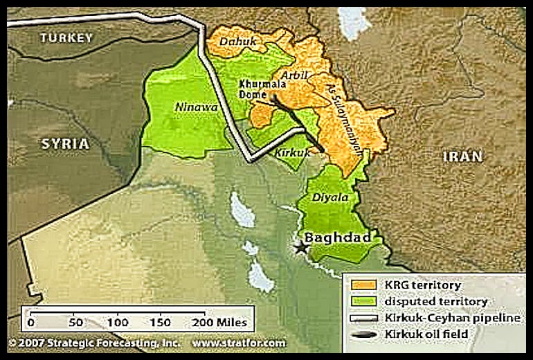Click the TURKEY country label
66,38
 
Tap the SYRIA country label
65,144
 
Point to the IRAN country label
462,156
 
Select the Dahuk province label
237,43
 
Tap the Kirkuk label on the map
291,152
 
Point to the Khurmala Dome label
256,91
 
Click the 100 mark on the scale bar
118,323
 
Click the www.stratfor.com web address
238,343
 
